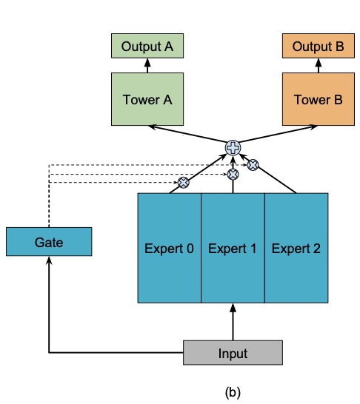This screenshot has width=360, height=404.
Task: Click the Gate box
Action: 49,242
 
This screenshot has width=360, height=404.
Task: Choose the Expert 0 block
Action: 170,248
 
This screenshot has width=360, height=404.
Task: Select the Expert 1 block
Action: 233,248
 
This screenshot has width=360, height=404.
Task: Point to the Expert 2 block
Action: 296,248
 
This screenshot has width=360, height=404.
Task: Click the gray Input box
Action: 233,353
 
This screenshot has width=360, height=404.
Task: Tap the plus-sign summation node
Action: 233,148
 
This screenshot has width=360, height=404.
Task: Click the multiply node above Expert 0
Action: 183,181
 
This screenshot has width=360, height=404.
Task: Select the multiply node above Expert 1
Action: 233,175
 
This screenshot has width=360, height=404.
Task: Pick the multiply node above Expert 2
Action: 253,165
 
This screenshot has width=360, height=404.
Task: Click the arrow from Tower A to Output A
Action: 147,65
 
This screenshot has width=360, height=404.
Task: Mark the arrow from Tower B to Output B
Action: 319,65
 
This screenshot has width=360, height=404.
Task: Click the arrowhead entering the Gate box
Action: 49,260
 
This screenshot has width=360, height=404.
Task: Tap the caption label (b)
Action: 233,391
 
